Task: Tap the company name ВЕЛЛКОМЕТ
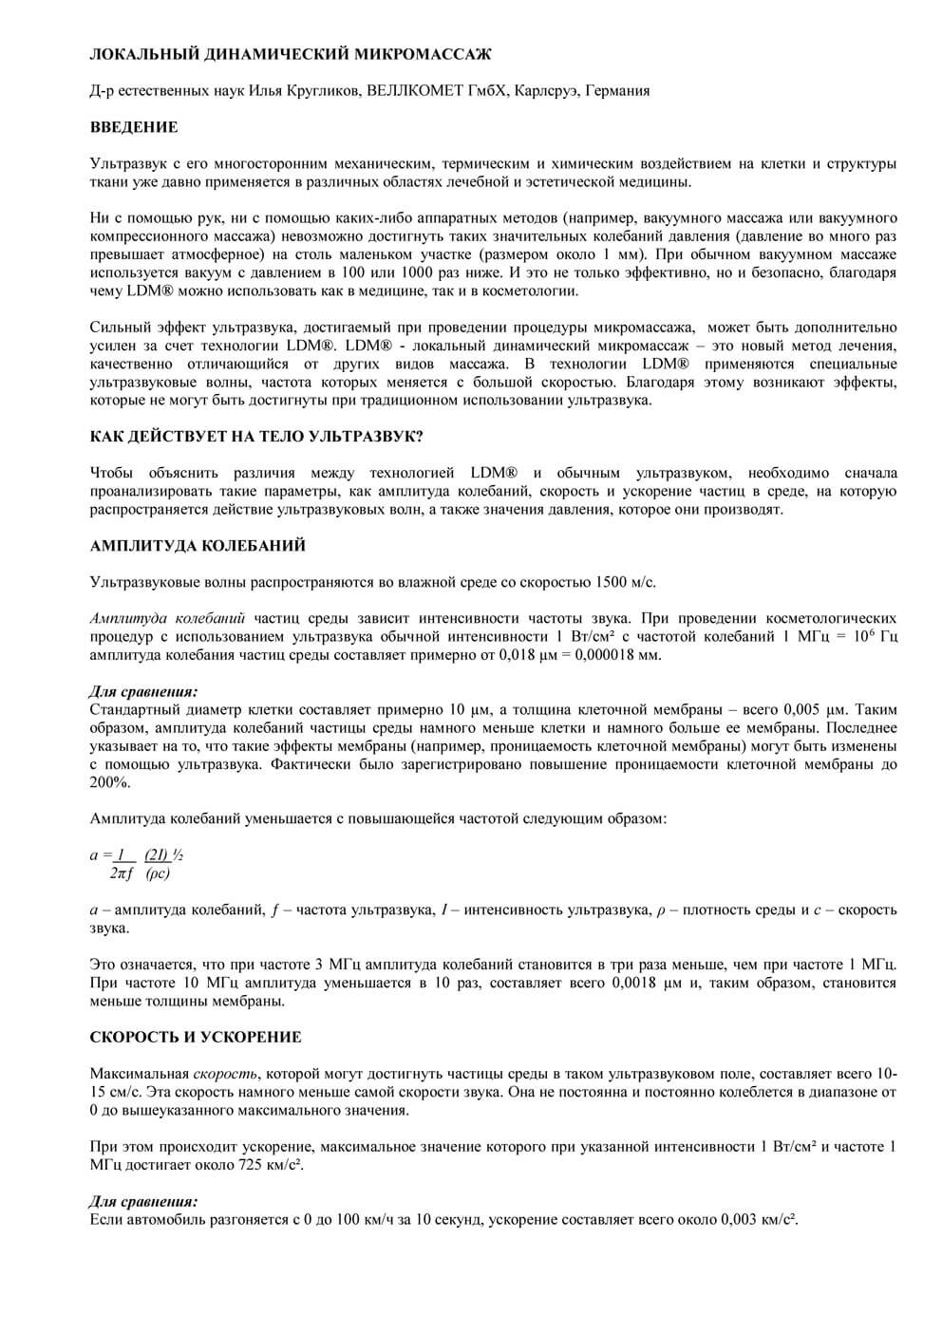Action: (x=407, y=91)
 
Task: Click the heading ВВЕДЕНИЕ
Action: (x=134, y=127)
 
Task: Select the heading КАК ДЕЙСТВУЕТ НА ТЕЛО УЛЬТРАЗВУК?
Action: (x=256, y=437)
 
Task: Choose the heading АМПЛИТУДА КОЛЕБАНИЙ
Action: (x=198, y=546)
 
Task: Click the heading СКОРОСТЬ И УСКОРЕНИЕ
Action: (x=196, y=1038)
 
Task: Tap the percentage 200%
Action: (x=109, y=782)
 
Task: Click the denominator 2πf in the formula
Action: (x=122, y=873)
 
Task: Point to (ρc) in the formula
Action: (x=158, y=873)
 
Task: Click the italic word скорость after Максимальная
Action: (x=225, y=1074)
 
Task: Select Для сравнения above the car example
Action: (x=143, y=1202)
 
